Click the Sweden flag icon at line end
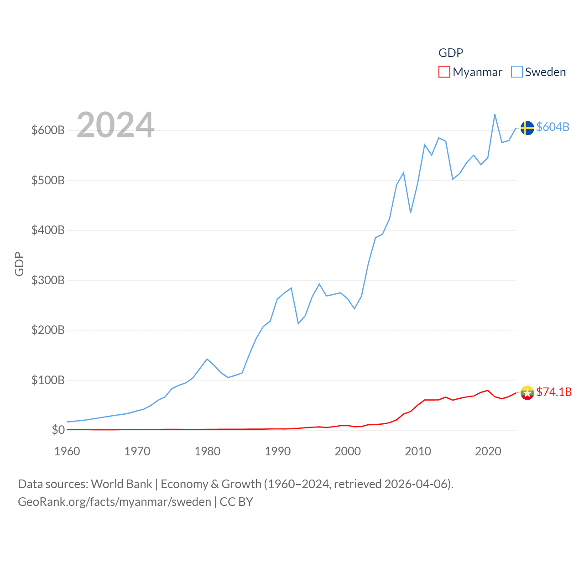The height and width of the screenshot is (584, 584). [x=527, y=128]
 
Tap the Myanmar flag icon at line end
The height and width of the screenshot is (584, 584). [x=527, y=392]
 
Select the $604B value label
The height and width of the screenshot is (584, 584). [x=553, y=127]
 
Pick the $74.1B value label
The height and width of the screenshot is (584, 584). [x=554, y=392]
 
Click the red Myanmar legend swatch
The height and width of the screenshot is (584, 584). [x=444, y=72]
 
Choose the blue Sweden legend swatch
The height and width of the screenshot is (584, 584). [x=516, y=72]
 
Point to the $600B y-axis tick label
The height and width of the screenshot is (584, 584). [x=48, y=130]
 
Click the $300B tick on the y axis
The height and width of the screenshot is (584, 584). [x=48, y=280]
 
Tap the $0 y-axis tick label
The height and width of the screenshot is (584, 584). [x=58, y=430]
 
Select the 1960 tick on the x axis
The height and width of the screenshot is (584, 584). [x=67, y=451]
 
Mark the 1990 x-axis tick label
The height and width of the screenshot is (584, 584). [x=277, y=451]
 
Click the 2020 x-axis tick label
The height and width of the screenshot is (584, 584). [x=488, y=451]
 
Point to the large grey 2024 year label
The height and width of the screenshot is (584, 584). [x=115, y=125]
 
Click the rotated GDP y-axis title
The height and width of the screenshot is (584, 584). [x=19, y=264]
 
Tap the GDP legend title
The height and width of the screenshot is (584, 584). [x=451, y=53]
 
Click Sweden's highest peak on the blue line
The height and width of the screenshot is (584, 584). [x=495, y=115]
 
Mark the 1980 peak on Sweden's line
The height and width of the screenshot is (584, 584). [x=207, y=359]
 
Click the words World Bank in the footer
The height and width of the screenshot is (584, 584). [x=121, y=484]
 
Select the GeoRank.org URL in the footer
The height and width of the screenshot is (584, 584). [x=115, y=502]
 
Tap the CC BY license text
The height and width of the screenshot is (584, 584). [x=236, y=502]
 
